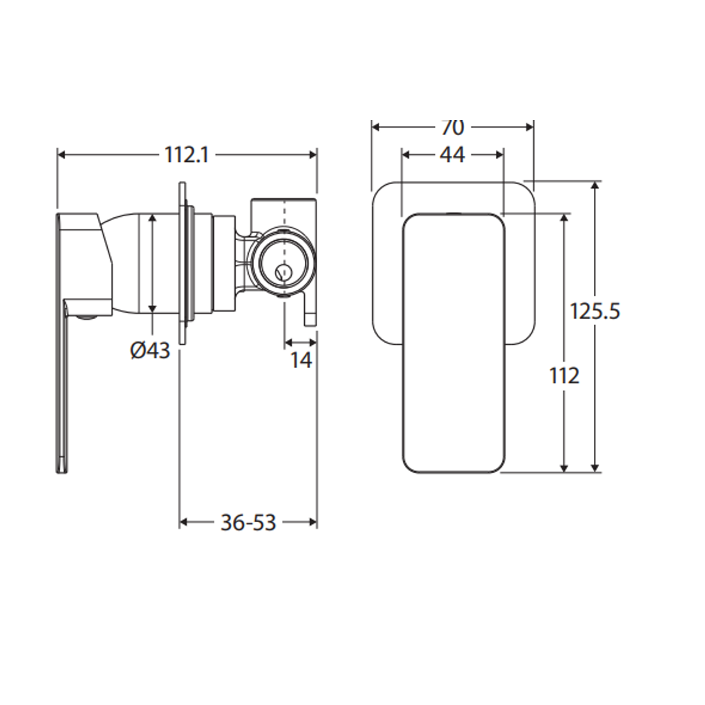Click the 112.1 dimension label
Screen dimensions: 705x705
tap(187, 155)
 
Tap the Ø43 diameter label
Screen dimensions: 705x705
tap(150, 351)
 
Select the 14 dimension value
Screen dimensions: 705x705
tap(301, 360)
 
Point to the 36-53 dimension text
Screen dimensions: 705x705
tap(248, 522)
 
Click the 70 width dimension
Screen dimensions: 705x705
tap(452, 128)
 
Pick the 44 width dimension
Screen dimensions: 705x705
tap(452, 155)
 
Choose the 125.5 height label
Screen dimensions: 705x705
tap(595, 311)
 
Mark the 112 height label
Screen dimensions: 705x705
tap(565, 375)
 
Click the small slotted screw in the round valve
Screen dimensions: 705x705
tap(283, 272)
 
